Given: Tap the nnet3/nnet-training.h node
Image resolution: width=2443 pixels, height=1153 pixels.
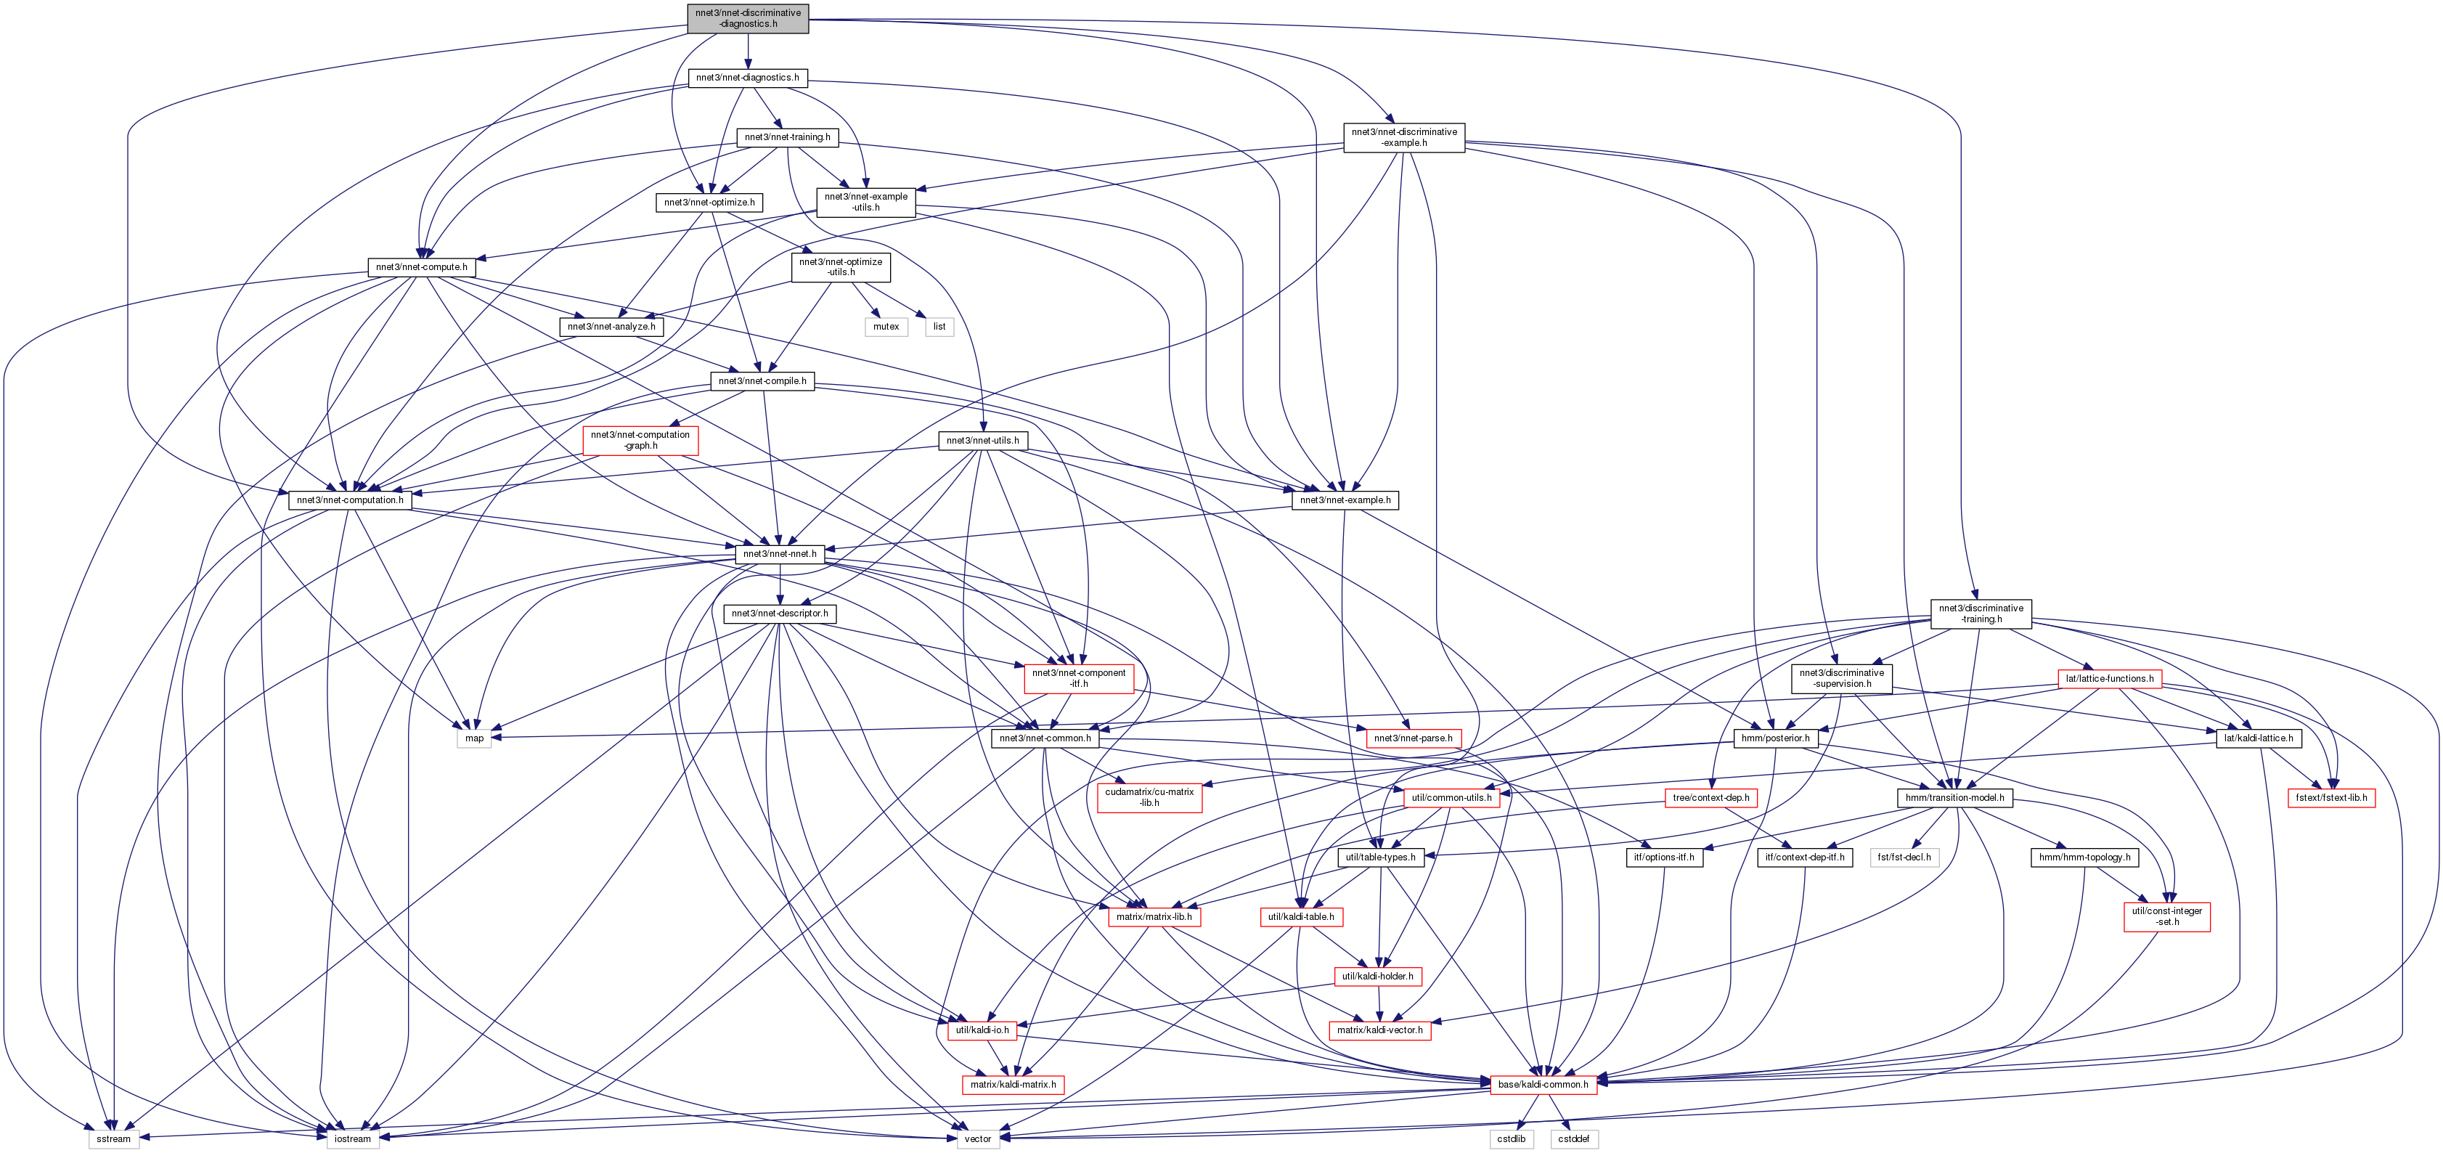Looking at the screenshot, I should [x=787, y=137].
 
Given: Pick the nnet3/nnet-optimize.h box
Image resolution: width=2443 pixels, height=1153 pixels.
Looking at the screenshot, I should [x=709, y=203].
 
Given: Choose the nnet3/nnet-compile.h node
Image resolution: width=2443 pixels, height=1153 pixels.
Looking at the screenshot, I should [x=762, y=381].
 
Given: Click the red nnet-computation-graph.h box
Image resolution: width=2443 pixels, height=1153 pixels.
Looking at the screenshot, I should [x=640, y=441].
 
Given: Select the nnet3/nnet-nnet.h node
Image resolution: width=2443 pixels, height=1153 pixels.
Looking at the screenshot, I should [x=780, y=554].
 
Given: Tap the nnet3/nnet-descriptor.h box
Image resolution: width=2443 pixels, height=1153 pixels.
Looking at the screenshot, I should [x=780, y=614].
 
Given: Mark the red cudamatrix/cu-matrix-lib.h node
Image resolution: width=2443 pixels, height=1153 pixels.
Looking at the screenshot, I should [x=1149, y=797].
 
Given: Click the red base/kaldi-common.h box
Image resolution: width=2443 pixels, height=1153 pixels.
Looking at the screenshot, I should [x=1543, y=1085].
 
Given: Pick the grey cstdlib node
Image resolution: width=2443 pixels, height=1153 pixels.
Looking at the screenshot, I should [x=1512, y=1138].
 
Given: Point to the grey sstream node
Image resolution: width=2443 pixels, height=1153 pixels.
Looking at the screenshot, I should [x=114, y=1138].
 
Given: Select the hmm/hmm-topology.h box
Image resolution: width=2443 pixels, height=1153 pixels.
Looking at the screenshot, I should [x=2084, y=857].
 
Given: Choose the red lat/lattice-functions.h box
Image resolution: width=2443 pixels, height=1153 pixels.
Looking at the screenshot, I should [x=2109, y=679].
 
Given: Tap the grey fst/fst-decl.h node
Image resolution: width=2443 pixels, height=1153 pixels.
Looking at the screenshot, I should [x=1904, y=857].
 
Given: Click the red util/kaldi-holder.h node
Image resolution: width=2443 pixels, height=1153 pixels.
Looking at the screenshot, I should [x=1377, y=977].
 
